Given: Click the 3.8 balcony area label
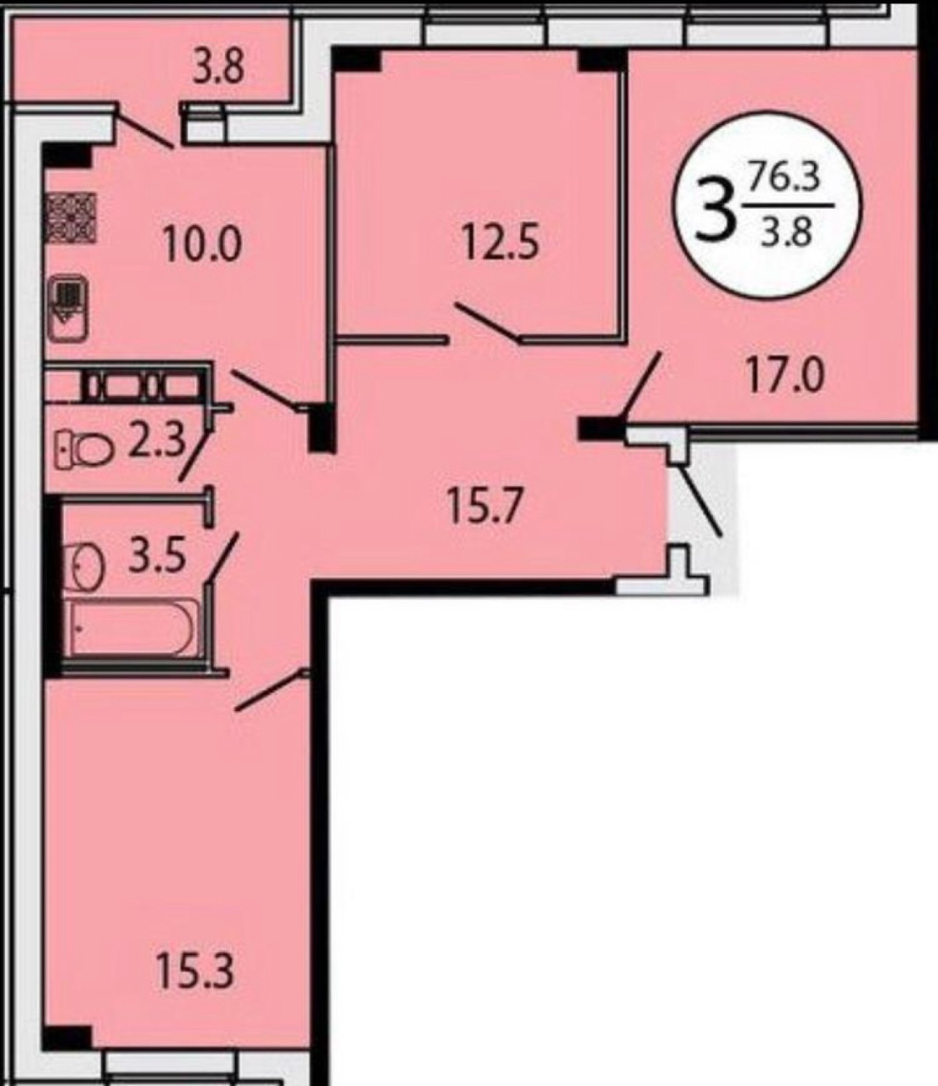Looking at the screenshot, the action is [x=217, y=70].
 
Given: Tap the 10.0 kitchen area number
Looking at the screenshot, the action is [x=203, y=245].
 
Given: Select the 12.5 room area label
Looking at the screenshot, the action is [x=501, y=244].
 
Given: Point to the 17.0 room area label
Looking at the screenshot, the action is [x=785, y=377].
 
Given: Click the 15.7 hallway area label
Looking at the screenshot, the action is [x=485, y=508].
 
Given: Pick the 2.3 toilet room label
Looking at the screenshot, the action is [x=158, y=442].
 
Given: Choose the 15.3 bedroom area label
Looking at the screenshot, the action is [x=194, y=972].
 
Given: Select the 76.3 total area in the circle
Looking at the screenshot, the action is [x=784, y=180].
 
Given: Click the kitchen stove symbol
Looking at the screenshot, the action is [x=70, y=217].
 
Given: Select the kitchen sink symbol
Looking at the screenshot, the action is [x=69, y=308].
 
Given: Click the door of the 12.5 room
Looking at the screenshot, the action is [x=487, y=322].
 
